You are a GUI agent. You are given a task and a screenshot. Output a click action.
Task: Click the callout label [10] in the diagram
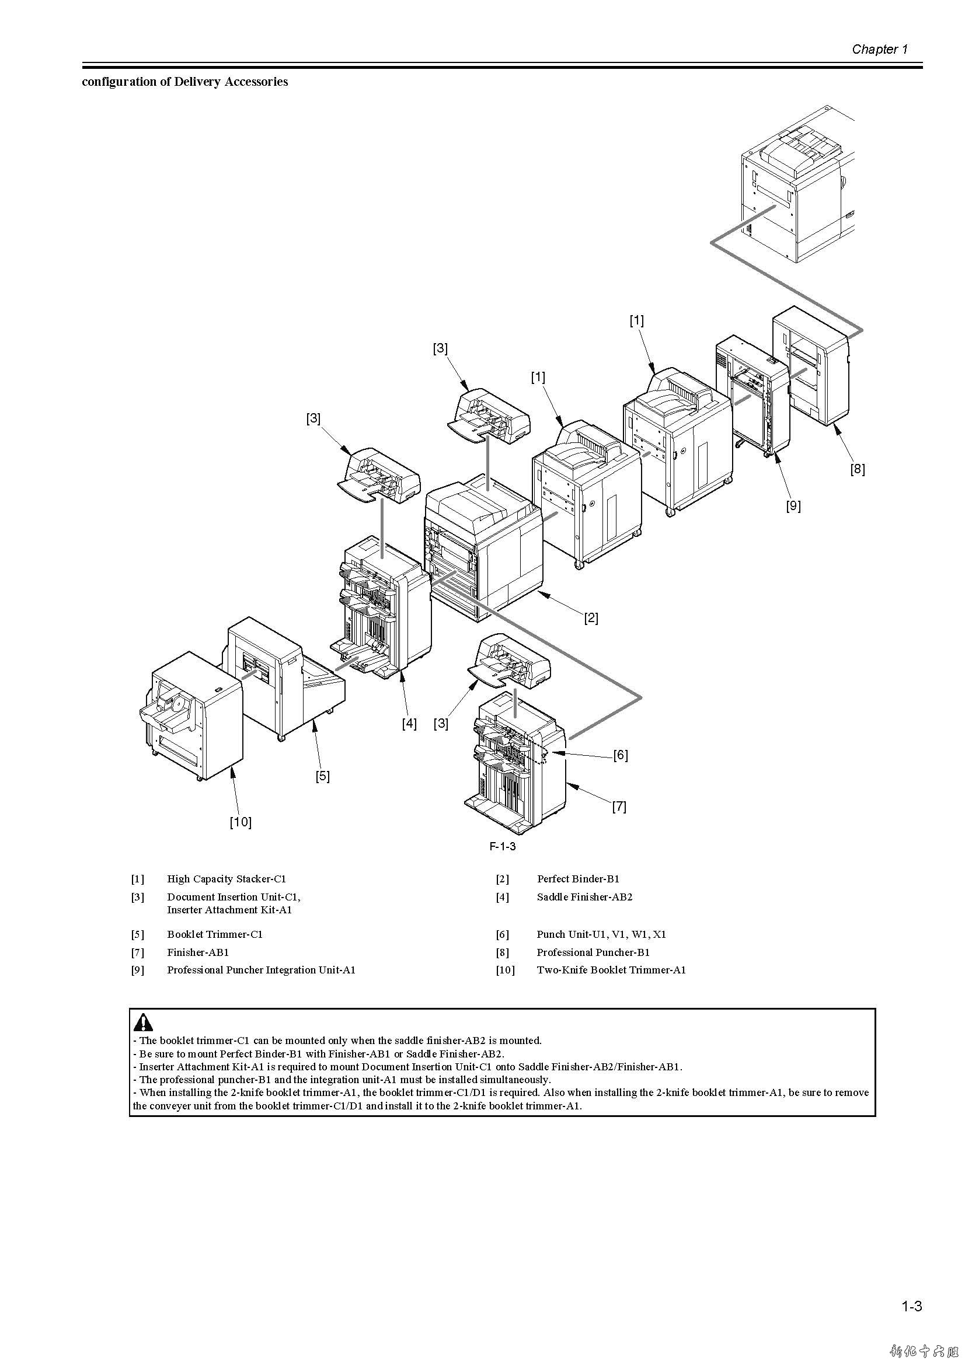tap(240, 822)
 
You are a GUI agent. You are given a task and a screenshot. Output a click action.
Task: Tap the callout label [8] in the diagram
tap(857, 469)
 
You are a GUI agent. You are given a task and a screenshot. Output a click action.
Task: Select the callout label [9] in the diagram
tap(793, 505)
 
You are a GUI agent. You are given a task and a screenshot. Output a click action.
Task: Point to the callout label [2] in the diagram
tap(590, 617)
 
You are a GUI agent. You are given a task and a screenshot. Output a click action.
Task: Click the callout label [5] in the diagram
tap(322, 776)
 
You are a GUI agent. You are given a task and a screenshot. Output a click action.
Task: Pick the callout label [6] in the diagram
tap(620, 755)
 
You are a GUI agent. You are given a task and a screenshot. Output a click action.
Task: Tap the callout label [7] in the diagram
tap(619, 806)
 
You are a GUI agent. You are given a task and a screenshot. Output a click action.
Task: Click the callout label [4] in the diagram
tap(409, 724)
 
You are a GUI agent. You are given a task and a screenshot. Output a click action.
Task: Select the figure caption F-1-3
tap(503, 846)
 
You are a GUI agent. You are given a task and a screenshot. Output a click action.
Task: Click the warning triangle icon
tap(143, 1022)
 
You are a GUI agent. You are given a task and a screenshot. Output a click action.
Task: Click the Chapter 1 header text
tap(879, 50)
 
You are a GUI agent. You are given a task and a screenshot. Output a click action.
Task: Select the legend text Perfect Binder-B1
tap(578, 879)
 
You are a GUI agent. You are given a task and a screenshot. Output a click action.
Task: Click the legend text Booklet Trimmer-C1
tap(215, 934)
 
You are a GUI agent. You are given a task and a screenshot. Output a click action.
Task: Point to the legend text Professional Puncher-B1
tap(593, 952)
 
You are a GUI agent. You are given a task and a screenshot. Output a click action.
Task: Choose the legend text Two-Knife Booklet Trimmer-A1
tap(611, 970)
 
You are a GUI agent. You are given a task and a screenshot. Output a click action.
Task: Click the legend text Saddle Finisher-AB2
tap(584, 896)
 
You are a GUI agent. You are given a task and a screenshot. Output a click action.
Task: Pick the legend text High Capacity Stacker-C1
tap(227, 879)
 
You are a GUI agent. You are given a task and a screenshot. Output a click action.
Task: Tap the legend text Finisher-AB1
tap(198, 952)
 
